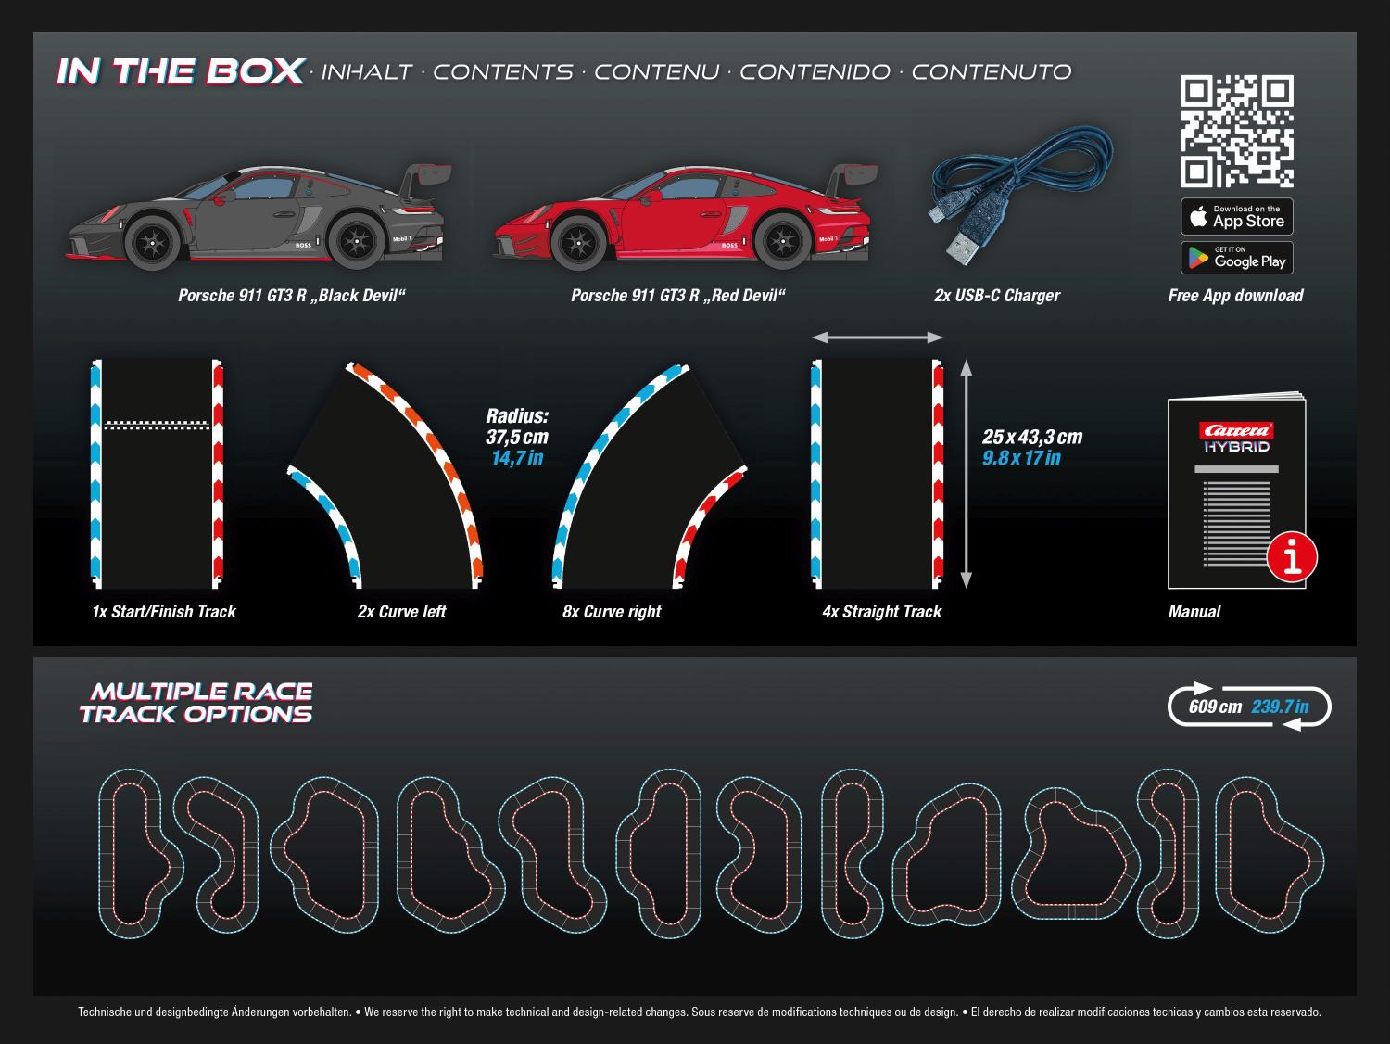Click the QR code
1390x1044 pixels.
[1236, 132]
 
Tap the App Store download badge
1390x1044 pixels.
[1236, 217]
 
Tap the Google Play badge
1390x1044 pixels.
[1236, 258]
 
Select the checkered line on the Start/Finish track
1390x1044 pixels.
[157, 425]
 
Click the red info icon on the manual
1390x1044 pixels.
[1292, 558]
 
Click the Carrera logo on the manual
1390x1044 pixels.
[1236, 430]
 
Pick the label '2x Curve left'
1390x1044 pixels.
[401, 612]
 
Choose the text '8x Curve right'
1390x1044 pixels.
[612, 612]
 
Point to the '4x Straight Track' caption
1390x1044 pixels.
[881, 612]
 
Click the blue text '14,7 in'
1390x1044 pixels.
[517, 457]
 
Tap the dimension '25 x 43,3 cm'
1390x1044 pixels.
[1032, 437]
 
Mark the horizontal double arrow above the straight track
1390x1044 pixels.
[878, 338]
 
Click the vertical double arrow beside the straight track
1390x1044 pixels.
[966, 474]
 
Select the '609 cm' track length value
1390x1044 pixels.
[1215, 707]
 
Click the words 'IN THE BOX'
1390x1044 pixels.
[181, 71]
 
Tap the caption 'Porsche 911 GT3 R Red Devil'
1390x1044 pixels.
[677, 296]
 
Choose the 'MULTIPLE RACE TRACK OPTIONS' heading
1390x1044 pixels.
[196, 703]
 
